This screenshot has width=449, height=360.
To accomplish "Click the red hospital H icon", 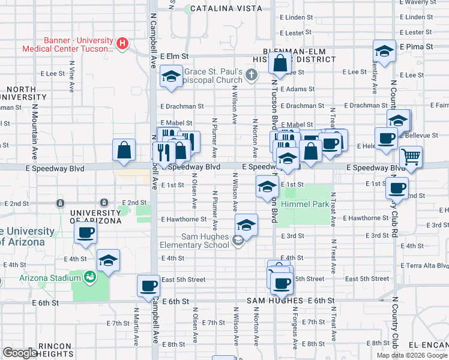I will [x=122, y=43].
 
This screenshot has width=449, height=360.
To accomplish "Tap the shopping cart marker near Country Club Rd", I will [x=411, y=157].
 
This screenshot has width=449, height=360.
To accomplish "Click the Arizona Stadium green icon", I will [x=89, y=277].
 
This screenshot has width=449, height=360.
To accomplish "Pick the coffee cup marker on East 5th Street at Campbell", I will [x=148, y=286].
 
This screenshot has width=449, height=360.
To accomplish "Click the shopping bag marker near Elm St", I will [x=280, y=62].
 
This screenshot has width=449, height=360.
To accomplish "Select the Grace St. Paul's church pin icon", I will [x=251, y=75].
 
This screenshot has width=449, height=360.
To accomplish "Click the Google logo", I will [x=20, y=353].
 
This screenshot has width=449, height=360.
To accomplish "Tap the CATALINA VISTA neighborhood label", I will [x=226, y=8].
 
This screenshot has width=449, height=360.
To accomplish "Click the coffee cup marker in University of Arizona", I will [x=85, y=233].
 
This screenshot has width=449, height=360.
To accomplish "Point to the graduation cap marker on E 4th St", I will [x=108, y=260].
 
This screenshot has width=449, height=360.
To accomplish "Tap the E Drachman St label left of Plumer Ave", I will [x=182, y=106].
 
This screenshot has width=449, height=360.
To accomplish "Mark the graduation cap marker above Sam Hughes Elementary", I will [x=246, y=225].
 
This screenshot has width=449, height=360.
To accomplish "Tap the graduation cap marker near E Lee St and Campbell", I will [x=172, y=77].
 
